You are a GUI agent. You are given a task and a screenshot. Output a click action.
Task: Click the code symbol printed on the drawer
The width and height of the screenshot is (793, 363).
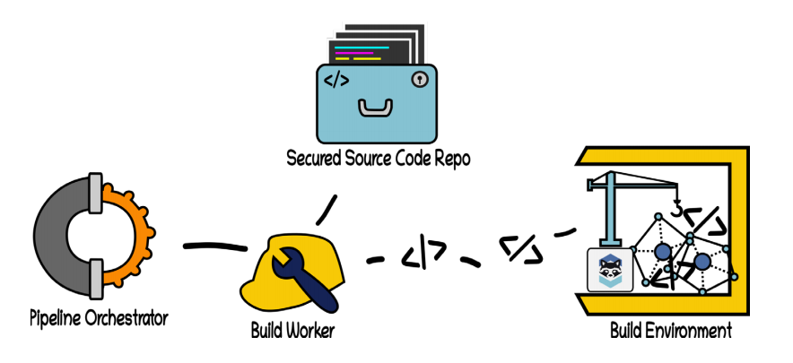pos(336,81)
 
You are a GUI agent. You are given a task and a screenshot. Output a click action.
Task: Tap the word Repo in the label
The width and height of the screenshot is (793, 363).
pos(451,160)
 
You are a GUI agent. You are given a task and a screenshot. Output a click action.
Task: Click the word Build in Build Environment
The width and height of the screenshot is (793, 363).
pos(627,331)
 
